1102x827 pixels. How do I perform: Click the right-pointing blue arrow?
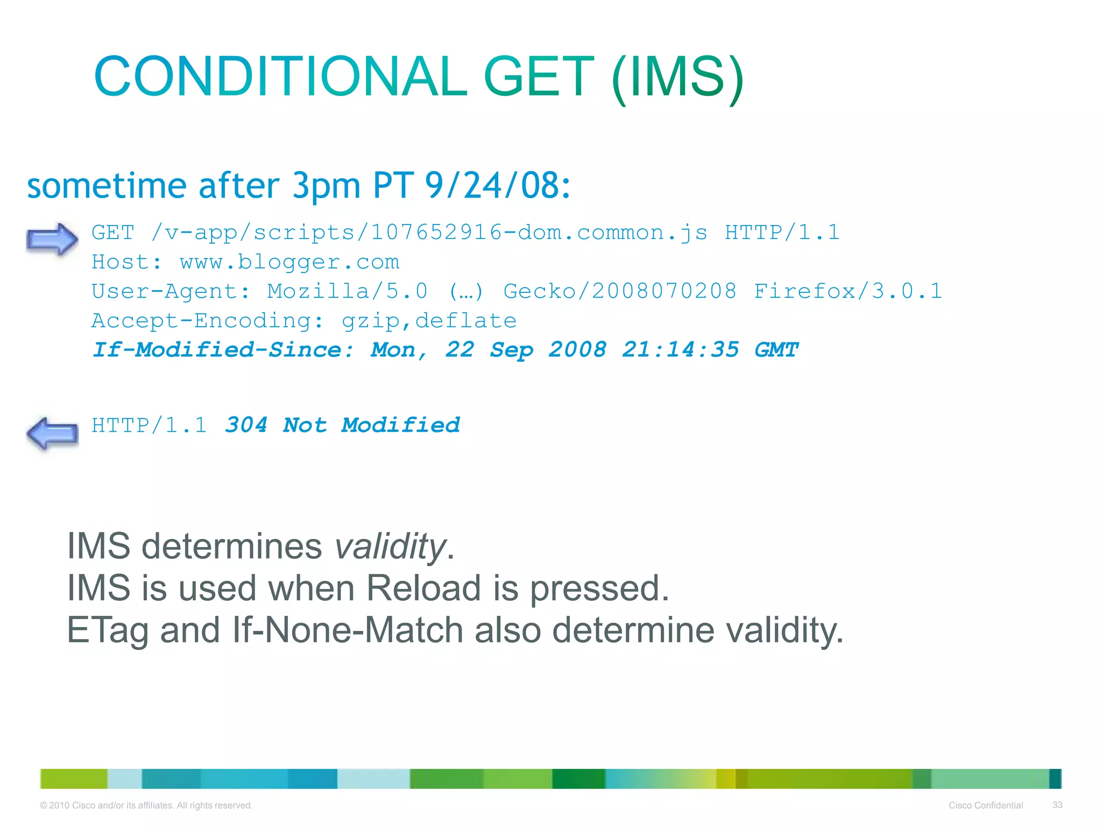coord(52,239)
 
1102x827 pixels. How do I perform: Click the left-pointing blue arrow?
coord(52,432)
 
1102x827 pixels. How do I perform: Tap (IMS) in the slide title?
coord(677,78)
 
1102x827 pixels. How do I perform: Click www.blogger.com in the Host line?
coord(289,262)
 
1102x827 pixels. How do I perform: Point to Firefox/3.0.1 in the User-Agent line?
coord(847,291)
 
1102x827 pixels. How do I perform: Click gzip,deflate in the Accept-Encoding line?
coord(429,321)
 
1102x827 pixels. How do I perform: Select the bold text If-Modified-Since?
coord(223,350)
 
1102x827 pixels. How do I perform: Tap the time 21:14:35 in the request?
coord(680,350)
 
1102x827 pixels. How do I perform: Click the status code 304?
coord(246,425)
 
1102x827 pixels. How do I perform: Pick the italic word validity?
coord(390,546)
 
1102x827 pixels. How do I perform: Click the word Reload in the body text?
coord(423,588)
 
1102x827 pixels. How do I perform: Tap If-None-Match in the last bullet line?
coord(348,630)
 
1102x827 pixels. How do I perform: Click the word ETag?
coord(107,630)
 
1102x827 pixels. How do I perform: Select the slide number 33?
coord(1057,805)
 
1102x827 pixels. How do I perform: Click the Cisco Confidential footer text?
coord(985,805)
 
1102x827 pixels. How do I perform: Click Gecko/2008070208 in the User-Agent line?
coord(619,291)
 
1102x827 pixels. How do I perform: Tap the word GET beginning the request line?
coord(112,233)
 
